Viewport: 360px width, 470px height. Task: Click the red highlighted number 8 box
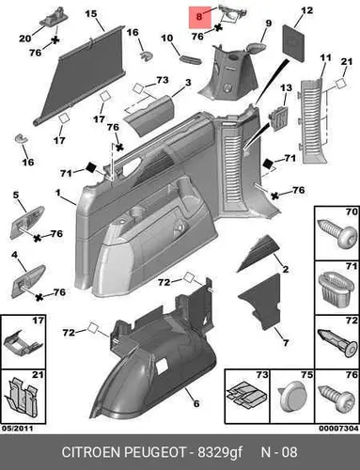[199, 17]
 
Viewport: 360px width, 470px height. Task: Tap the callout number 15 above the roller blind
[91, 14]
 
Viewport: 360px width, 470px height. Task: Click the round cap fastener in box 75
[291, 398]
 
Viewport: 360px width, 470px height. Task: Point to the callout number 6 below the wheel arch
[196, 403]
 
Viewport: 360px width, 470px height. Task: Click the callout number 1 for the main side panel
[57, 193]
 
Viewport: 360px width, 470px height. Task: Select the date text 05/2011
[18, 429]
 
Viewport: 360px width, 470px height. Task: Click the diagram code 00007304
[338, 429]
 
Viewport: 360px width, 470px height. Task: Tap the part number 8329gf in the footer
[220, 452]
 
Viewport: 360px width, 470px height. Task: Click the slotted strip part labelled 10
[190, 59]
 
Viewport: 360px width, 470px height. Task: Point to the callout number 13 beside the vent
[286, 87]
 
